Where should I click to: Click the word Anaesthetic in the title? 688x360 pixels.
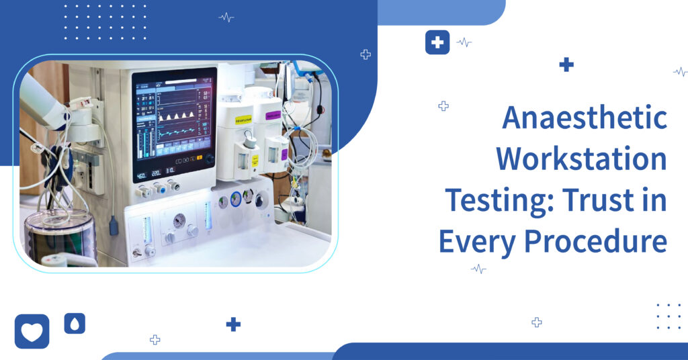[585, 119]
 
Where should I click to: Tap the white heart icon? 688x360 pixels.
[32, 332]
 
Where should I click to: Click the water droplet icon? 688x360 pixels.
[75, 324]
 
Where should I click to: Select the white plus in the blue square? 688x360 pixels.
[437, 42]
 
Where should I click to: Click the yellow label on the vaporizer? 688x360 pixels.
[243, 120]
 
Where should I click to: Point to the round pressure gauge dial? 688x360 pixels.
[178, 220]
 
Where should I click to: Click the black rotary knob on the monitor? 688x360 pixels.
[210, 160]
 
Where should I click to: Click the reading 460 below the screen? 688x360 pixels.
[142, 176]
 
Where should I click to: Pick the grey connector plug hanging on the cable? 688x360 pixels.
[114, 225]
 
